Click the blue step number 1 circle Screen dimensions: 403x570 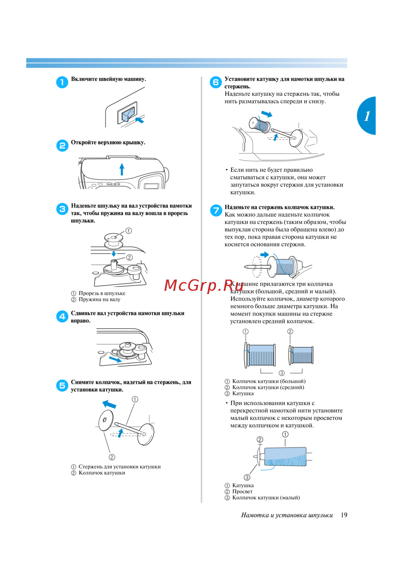click(x=62, y=82)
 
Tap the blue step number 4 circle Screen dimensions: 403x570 click(x=62, y=317)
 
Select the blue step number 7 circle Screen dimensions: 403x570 click(x=216, y=210)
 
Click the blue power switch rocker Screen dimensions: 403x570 click(x=128, y=114)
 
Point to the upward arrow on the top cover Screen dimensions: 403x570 click(x=122, y=169)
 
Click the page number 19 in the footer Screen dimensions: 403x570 click(x=344, y=515)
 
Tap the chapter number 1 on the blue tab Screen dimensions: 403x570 click(x=367, y=116)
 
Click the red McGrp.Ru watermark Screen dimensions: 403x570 click(x=204, y=285)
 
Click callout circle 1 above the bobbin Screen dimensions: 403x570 click(x=129, y=231)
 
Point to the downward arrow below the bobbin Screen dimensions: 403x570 click(x=114, y=253)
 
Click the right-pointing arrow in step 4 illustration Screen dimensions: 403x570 click(x=115, y=359)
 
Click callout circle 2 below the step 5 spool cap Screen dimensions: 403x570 click(x=112, y=457)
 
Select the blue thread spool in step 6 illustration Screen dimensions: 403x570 click(x=260, y=124)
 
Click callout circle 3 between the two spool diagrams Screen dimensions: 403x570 click(x=281, y=373)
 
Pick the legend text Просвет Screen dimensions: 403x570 click(x=242, y=491)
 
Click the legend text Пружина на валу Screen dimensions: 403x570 click(x=100, y=299)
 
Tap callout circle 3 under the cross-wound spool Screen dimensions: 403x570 click(x=247, y=477)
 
